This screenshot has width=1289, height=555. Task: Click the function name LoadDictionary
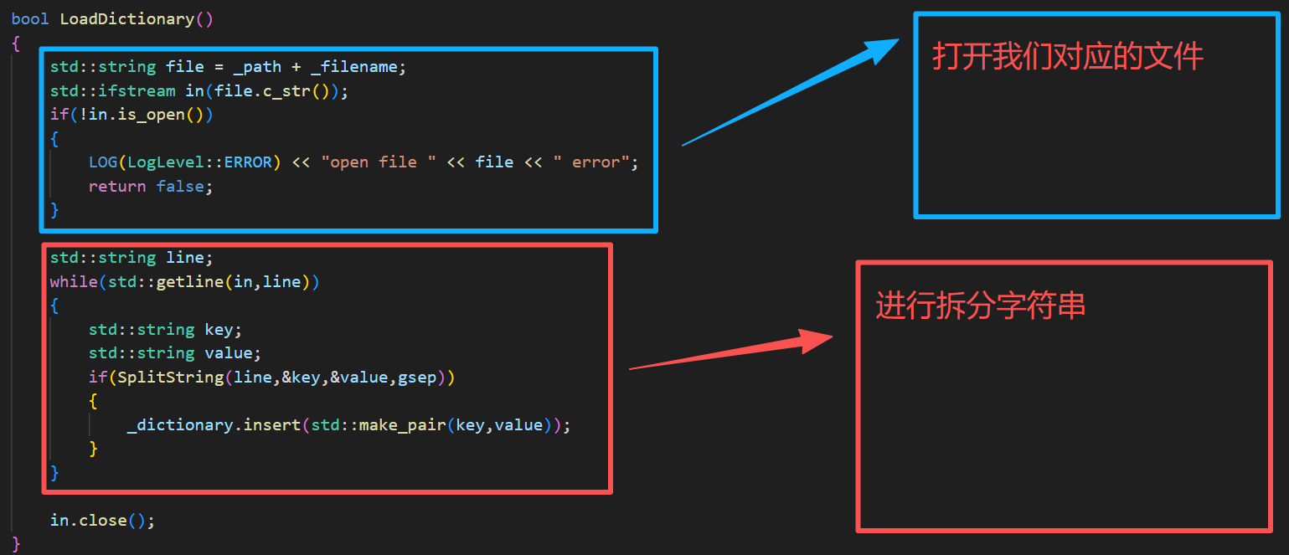tap(126, 18)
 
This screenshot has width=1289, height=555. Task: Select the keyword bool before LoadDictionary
tap(30, 18)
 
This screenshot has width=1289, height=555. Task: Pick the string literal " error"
tap(590, 162)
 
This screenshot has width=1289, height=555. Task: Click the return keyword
tap(117, 187)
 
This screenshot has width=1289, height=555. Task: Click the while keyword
tap(73, 282)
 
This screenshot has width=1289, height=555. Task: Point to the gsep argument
tap(416, 378)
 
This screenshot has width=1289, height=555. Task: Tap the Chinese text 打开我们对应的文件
tap(1067, 57)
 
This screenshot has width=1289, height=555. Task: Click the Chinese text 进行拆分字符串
tap(980, 306)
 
